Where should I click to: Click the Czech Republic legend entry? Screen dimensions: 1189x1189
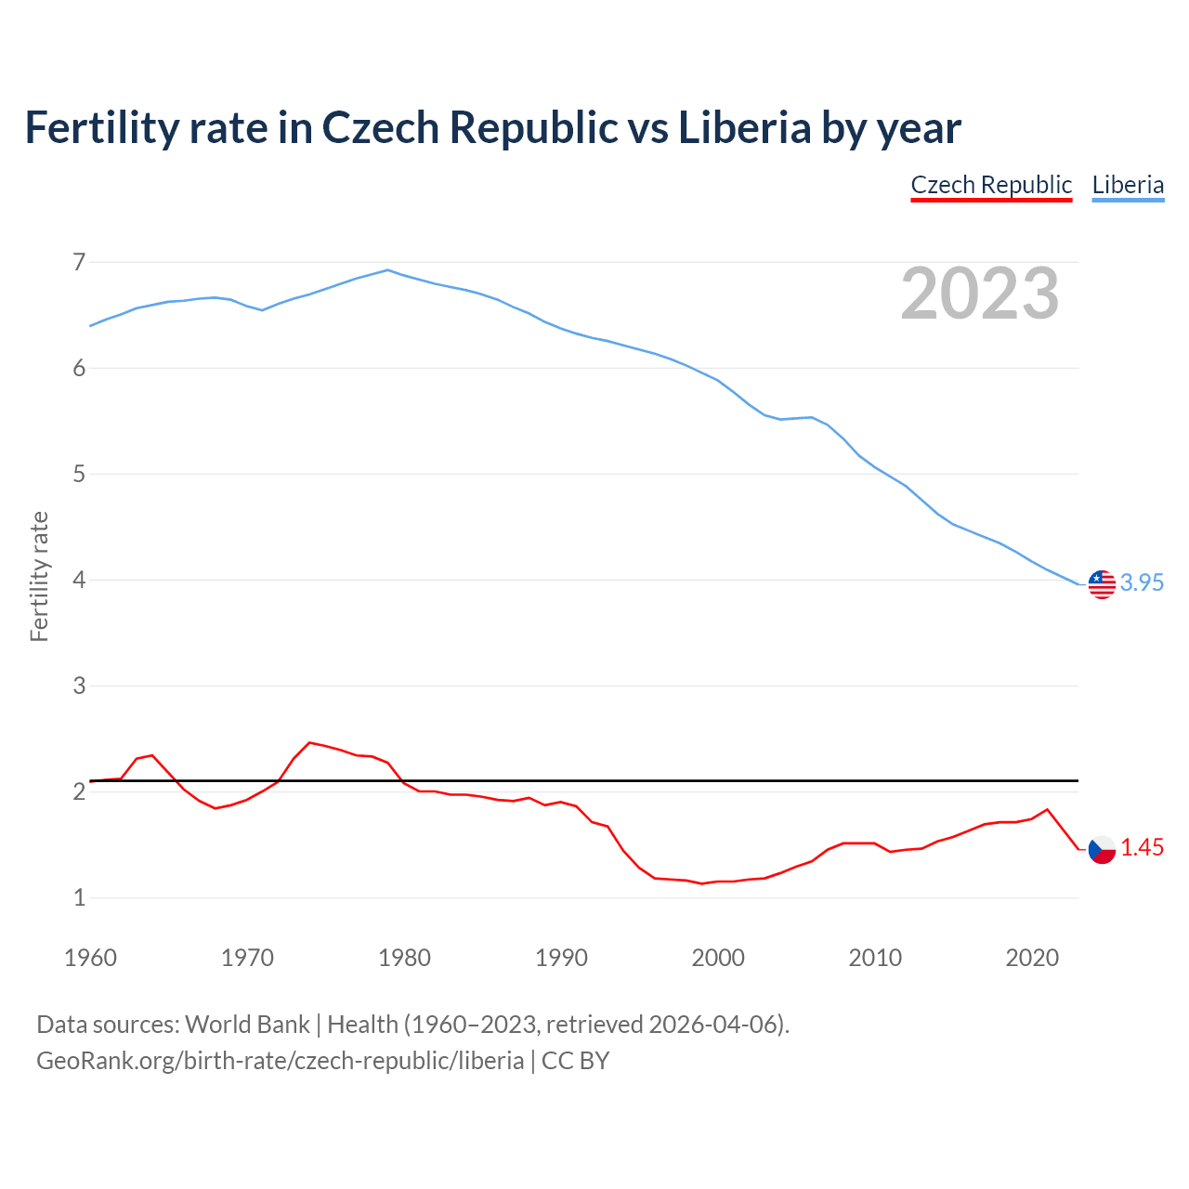991,185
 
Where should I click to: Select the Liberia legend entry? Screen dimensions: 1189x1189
1128,185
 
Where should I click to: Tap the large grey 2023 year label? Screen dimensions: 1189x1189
980,294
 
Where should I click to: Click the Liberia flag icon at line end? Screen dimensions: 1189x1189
1102,584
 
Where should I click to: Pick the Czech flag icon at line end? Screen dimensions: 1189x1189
1102,849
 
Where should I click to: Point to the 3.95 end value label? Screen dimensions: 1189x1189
1142,582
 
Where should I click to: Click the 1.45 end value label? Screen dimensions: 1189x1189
1142,847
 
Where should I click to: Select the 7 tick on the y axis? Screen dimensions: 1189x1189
79,263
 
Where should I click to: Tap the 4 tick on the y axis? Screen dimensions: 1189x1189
79,581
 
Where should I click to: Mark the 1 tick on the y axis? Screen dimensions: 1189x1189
79,898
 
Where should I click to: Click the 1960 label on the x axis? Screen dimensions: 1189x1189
90,958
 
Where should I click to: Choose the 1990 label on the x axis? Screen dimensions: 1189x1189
561,958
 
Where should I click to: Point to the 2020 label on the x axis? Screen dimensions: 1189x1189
1032,958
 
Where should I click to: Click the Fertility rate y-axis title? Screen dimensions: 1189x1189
39,576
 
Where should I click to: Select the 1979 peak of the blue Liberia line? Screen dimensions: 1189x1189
388,270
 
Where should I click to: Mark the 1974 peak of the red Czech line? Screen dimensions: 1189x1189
309,743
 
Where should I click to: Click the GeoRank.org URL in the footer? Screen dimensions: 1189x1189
280,1061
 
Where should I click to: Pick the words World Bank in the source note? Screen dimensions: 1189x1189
247,1025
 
